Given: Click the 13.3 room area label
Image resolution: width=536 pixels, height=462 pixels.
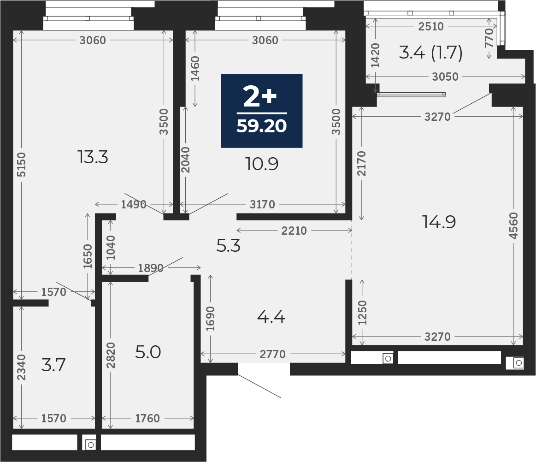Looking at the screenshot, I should click(x=93, y=158).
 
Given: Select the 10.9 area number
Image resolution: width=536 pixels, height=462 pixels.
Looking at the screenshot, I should click(x=263, y=164).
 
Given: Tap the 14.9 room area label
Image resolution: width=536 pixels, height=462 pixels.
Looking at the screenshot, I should click(x=439, y=222).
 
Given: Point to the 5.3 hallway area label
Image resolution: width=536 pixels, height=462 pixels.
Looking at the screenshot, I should click(x=229, y=246).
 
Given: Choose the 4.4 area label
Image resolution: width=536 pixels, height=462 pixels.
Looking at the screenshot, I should click(x=271, y=317).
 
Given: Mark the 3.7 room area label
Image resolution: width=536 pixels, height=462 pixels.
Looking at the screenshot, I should click(x=53, y=365).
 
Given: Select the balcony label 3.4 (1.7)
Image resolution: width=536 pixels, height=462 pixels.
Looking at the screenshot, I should click(x=430, y=53).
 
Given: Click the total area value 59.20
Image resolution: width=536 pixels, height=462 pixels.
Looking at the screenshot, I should click(x=261, y=125).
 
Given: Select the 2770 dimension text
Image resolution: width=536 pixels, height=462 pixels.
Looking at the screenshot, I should click(x=272, y=354).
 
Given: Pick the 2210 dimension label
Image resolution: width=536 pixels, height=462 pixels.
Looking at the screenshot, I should click(x=294, y=231).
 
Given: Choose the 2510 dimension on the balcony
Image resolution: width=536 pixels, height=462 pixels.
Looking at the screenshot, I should click(x=431, y=26).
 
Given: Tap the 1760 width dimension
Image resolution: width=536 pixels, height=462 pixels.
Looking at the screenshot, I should click(x=147, y=418).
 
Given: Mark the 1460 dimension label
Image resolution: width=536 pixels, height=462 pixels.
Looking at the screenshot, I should click(x=195, y=68).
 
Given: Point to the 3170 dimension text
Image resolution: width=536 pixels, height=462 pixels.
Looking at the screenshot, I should click(x=262, y=204).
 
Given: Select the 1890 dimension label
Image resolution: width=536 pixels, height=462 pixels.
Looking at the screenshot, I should click(x=151, y=268).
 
